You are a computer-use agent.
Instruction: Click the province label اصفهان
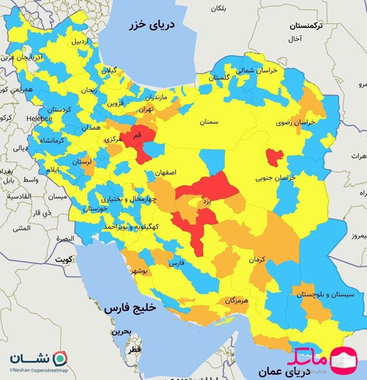166,173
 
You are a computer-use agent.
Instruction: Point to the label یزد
206,201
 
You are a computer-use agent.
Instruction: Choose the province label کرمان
258,260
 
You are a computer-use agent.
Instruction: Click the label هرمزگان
238,300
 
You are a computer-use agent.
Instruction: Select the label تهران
146,109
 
